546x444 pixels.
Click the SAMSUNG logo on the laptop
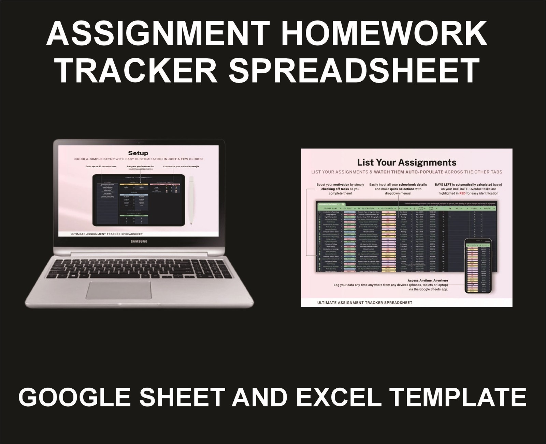(139, 242)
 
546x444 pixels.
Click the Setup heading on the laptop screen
(138, 153)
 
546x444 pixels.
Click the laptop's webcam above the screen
(139, 142)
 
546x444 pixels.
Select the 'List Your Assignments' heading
(406, 162)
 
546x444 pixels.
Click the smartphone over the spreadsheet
(478, 266)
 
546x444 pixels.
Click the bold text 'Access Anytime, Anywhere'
(428, 281)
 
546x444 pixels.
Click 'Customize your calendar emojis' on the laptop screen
(181, 167)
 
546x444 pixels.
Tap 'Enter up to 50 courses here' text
(101, 167)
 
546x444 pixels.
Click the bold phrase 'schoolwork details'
(413, 185)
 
